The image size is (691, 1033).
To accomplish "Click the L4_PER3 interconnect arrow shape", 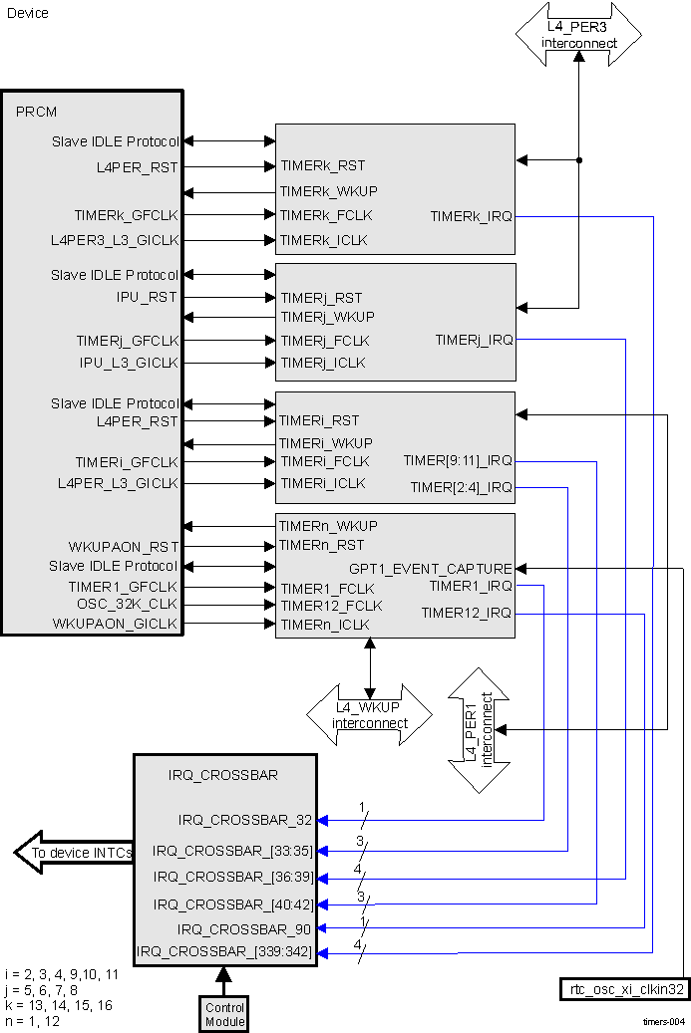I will click(x=578, y=35).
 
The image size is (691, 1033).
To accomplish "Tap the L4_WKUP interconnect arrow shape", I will click(x=370, y=715).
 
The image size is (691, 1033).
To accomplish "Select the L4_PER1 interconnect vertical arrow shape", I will click(x=481, y=730).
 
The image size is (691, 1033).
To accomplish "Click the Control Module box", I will click(x=224, y=1014).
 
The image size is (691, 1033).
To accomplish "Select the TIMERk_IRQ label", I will click(x=471, y=216).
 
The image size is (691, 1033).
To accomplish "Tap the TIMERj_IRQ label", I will click(x=474, y=340).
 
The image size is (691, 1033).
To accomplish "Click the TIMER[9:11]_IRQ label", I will click(x=458, y=461).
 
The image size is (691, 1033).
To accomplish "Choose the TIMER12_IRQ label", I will click(x=466, y=613).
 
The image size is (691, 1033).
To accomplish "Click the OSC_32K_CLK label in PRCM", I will click(x=127, y=605).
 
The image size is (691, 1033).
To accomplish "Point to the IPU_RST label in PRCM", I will click(x=147, y=297).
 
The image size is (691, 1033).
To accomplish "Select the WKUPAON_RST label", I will click(x=123, y=547).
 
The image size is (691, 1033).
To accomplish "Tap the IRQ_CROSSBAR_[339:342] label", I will click(x=224, y=952).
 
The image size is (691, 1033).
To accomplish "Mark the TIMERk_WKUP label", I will click(x=328, y=190).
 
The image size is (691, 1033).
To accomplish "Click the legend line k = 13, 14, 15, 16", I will click(x=58, y=1006).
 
